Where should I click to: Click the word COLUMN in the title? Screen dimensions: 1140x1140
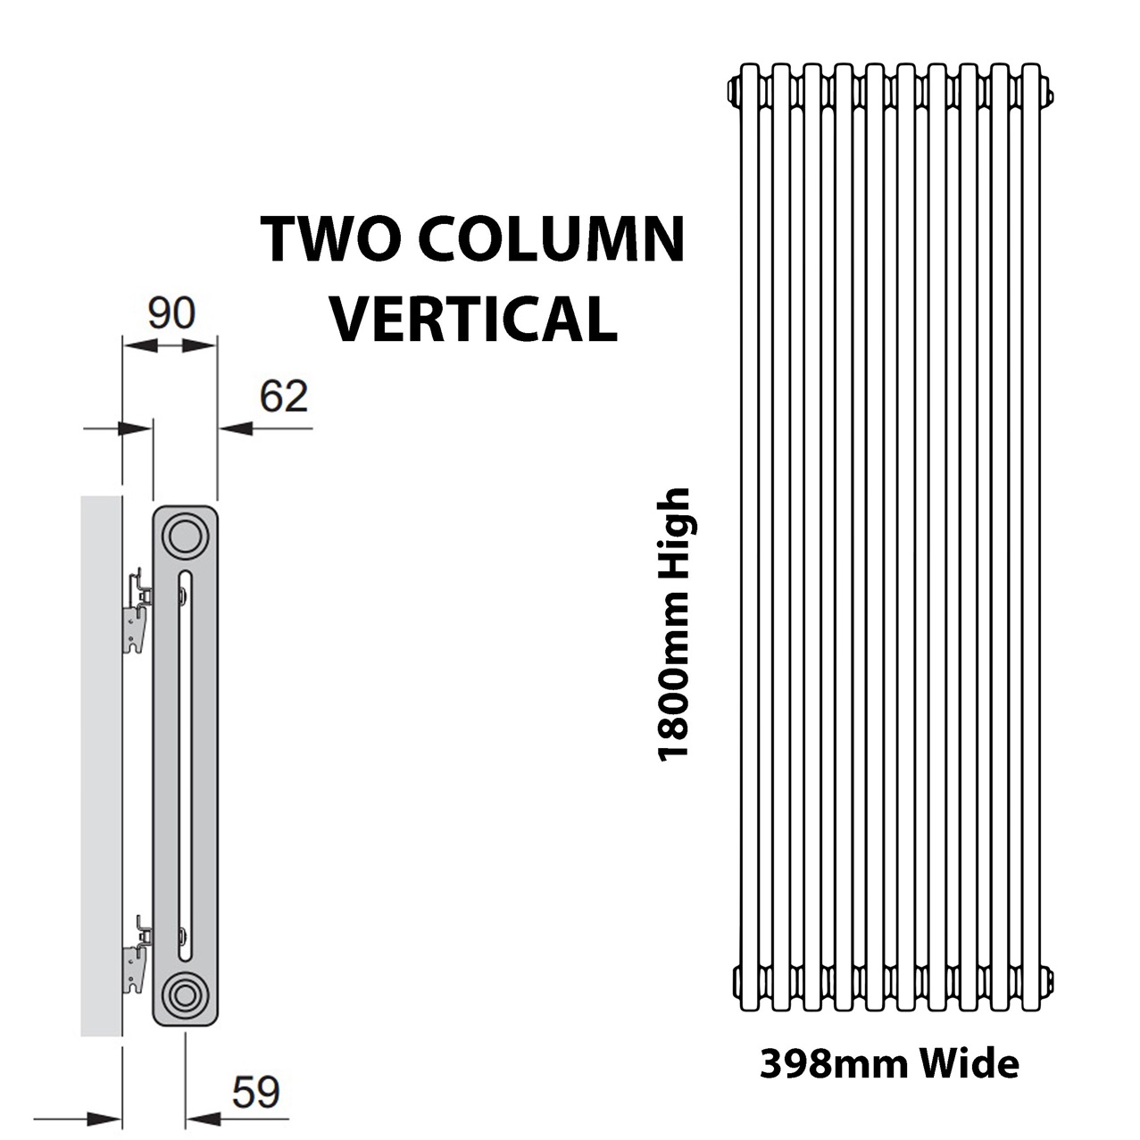pos(555,239)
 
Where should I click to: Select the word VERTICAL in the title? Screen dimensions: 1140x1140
pos(473,319)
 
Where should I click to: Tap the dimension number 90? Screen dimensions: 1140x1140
pos(171,313)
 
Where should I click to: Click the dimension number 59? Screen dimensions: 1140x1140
pos(255,1092)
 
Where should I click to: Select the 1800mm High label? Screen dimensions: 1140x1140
pos(674,624)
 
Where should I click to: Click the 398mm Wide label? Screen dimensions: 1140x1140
pos(889,1065)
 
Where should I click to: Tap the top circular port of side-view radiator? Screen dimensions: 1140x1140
pos(185,537)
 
